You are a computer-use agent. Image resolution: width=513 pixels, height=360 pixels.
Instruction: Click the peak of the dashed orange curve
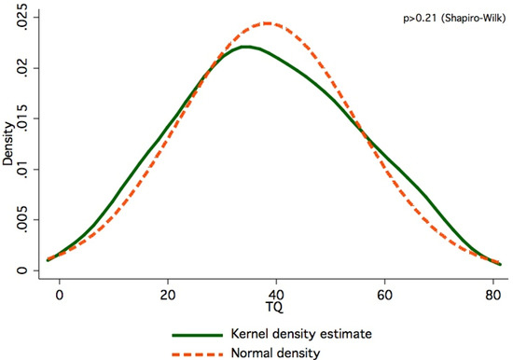267,23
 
